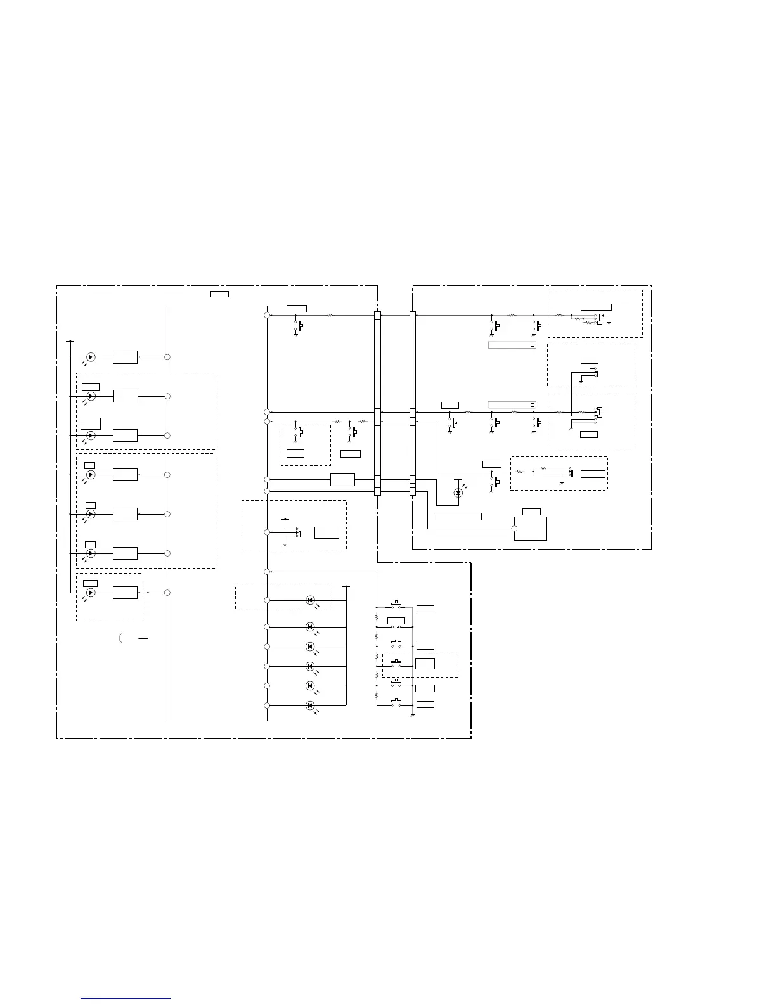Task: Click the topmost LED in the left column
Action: coord(91,357)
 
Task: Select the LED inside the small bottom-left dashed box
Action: coord(91,592)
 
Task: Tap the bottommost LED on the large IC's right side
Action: coord(310,705)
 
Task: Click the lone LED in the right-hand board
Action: coord(458,492)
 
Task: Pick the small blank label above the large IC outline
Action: coord(219,293)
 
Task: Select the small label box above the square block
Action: coord(531,512)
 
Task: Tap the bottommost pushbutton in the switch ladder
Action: coord(397,702)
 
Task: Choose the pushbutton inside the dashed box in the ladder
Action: coord(397,663)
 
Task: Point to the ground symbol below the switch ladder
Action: coord(412,715)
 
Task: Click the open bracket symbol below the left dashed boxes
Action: coord(120,638)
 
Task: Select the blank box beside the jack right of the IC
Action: coord(327,532)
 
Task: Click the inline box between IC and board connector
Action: coord(342,480)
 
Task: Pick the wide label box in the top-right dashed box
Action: coord(596,307)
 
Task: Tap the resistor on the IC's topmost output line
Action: coord(330,315)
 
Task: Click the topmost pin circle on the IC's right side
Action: coord(268,315)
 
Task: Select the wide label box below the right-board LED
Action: coord(457,517)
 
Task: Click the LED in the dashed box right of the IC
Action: coord(310,600)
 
